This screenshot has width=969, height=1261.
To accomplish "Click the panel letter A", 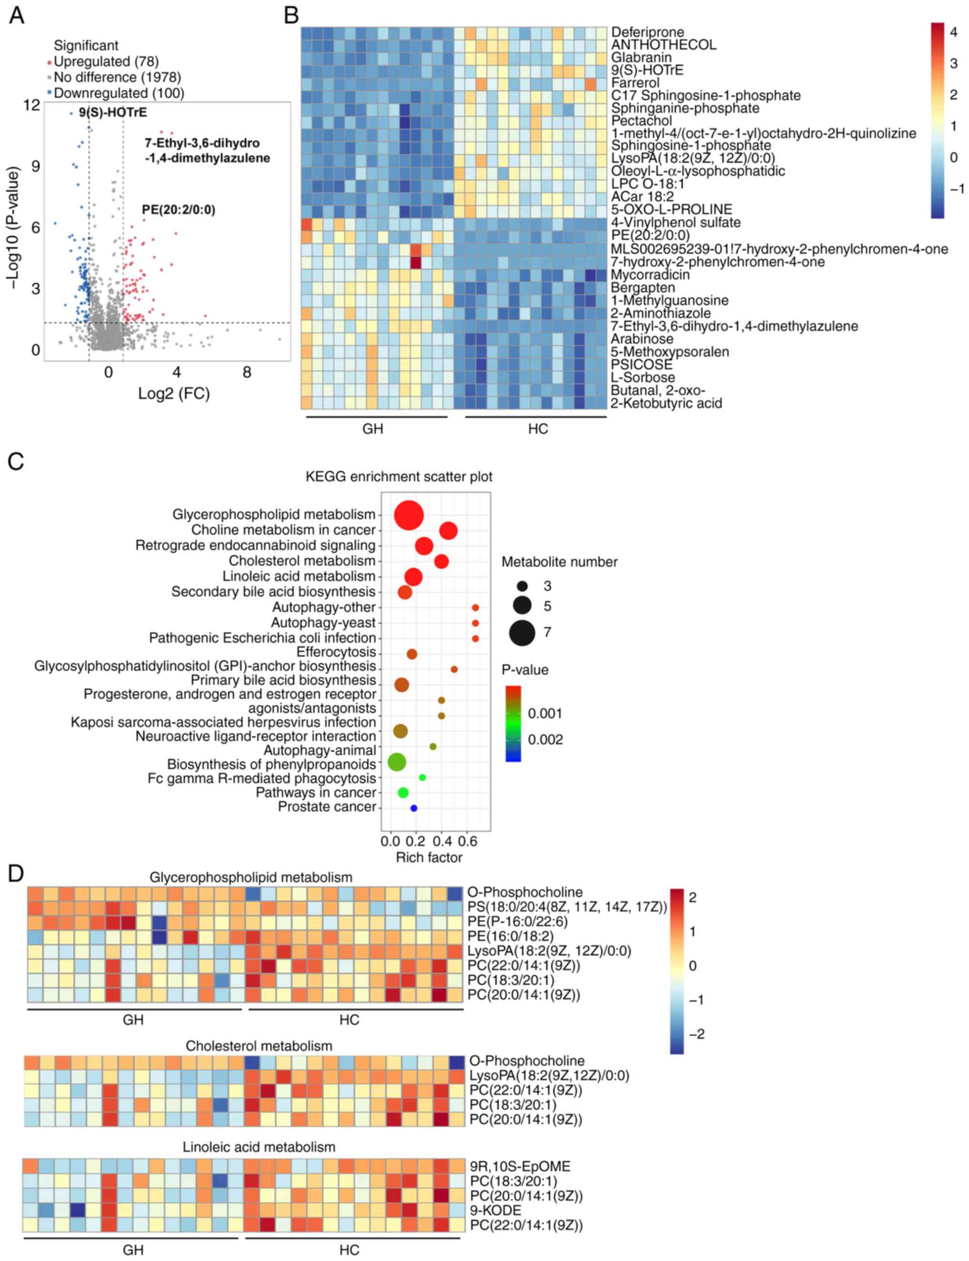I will point(17,16).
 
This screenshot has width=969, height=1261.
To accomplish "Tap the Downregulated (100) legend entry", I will point(118,93).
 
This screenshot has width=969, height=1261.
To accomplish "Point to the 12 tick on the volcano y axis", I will point(32,105).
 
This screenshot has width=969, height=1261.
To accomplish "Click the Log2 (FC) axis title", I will point(174,393).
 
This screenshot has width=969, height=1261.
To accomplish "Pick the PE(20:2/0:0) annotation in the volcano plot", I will point(179,209).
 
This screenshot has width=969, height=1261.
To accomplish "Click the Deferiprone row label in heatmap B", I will point(647,32).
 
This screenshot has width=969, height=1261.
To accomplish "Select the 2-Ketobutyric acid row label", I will point(666,403).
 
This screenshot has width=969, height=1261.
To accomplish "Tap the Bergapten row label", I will point(641,287).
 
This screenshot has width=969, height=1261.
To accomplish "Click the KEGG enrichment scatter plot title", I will point(399,476).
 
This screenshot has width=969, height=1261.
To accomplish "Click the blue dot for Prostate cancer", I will point(413,808).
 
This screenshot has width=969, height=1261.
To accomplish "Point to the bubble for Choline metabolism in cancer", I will point(448,531).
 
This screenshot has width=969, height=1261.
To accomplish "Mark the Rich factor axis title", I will point(429,857).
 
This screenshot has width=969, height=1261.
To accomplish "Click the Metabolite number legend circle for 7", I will point(522,633).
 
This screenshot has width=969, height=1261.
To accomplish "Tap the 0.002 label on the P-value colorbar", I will point(545,740).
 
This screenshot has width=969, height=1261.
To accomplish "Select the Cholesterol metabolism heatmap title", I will point(258,1046).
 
